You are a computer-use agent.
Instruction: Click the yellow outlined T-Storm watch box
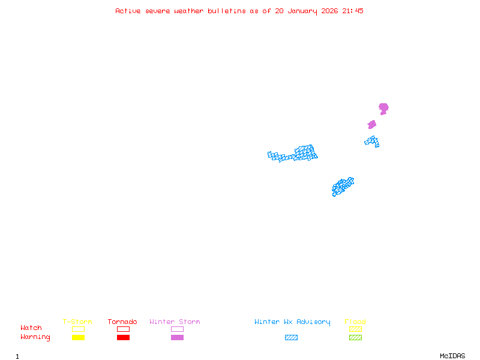click(78, 329)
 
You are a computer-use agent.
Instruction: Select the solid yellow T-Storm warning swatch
click(78, 337)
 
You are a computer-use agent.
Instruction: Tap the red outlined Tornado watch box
click(123, 329)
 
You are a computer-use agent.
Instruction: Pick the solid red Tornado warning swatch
click(123, 337)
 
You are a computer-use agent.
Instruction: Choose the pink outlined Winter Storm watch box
click(177, 329)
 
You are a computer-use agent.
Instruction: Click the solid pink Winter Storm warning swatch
click(177, 337)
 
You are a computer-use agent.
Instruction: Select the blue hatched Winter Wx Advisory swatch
click(291, 337)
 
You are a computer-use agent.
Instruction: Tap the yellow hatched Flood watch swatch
click(355, 329)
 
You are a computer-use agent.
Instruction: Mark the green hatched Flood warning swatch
click(355, 337)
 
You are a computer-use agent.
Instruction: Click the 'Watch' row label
click(31, 328)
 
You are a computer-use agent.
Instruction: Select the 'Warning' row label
click(35, 337)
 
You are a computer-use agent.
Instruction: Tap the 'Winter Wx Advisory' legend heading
click(292, 322)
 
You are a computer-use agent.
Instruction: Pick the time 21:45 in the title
click(353, 11)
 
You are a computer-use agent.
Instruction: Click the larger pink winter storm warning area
click(383, 108)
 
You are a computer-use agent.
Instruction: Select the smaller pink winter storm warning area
click(372, 125)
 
